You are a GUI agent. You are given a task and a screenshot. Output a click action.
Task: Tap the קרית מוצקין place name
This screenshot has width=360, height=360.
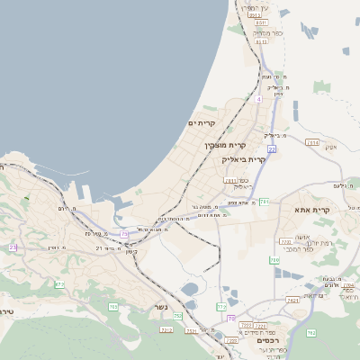(x=225, y=145)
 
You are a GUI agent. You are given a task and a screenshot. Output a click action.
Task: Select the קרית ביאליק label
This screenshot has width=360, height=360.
(x=244, y=159)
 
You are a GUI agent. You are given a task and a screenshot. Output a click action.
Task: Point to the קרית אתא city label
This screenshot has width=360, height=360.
(x=312, y=210)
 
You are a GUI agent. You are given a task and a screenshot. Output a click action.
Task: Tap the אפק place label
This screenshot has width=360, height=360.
(x=330, y=147)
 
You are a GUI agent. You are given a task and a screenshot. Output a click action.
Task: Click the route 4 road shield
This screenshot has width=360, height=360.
(x=258, y=100)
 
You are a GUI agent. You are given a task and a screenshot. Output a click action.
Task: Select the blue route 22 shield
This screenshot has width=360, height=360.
(x=271, y=148)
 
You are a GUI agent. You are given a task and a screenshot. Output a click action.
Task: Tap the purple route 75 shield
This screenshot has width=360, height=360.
(x=124, y=234)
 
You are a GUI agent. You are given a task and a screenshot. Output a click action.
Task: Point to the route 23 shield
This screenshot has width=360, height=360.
(x=13, y=247)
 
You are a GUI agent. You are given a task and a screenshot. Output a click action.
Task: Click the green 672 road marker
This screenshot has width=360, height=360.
(x=59, y=284)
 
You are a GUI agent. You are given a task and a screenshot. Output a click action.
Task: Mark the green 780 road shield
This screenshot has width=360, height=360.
(x=274, y=260)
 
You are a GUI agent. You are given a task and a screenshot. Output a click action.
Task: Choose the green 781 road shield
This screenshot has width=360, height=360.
(x=265, y=202)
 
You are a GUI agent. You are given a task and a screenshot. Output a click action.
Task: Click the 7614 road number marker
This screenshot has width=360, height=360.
(x=312, y=142)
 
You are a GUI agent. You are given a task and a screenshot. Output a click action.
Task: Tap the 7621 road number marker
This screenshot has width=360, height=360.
(x=292, y=300)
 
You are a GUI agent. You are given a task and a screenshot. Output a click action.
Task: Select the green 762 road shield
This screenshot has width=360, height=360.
(x=311, y=332)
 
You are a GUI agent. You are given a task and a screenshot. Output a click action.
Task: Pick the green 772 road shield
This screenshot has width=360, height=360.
(x=221, y=307)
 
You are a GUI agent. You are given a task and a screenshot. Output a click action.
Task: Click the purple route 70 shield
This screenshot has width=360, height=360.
(x=231, y=319)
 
